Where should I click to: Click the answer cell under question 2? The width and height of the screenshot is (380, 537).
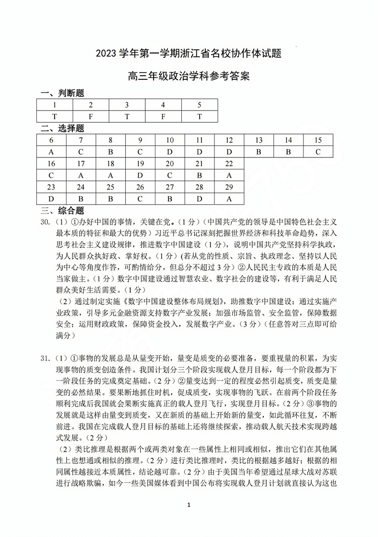pos(91,117)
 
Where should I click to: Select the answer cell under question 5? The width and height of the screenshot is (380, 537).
pos(200,117)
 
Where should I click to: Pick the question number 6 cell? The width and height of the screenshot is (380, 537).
pos(51,140)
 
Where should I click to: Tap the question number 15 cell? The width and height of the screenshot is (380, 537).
pos(318,140)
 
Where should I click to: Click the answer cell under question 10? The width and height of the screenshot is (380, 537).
pos(170,152)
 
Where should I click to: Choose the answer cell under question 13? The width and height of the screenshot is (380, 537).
pos(259,152)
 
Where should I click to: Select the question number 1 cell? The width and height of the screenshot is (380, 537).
pos(55,105)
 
